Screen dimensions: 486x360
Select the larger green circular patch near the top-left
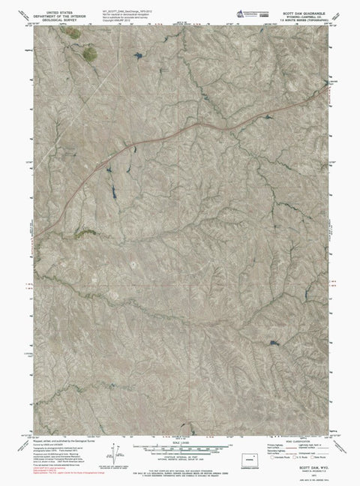tap(89, 52)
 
